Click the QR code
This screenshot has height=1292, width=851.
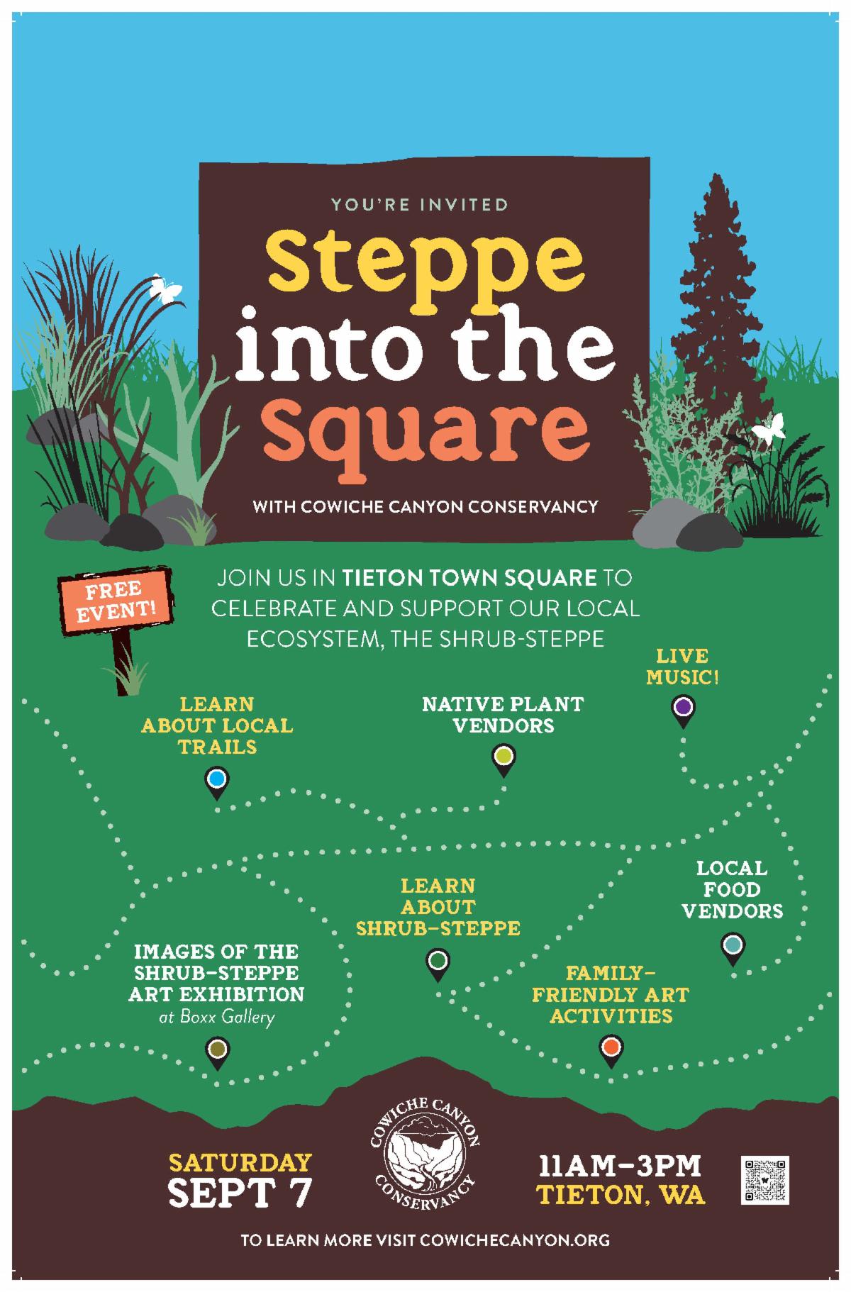tap(765, 1180)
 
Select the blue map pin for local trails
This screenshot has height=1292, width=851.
tap(217, 784)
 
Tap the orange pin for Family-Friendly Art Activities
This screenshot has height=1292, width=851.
tap(611, 1050)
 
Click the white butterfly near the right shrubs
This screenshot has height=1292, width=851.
tap(769, 428)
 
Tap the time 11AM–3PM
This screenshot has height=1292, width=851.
tap(620, 1166)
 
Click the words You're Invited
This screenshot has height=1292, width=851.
tap(420, 205)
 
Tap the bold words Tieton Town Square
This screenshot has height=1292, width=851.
tap(469, 578)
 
